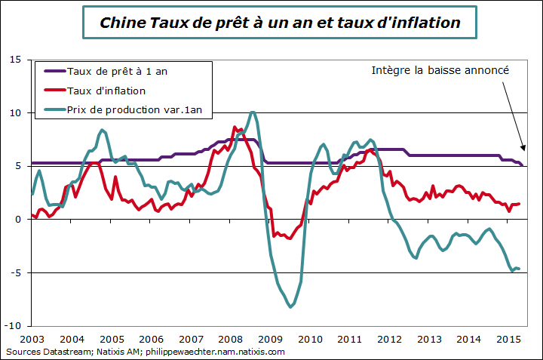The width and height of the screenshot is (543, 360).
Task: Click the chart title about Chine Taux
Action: [x=281, y=23]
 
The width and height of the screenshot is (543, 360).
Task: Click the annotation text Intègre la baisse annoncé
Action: [x=441, y=70]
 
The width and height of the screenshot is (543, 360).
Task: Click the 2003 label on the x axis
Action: [x=32, y=340]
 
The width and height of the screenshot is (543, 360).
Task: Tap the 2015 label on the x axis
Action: [x=508, y=340]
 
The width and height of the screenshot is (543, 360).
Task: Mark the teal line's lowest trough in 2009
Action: [x=291, y=307]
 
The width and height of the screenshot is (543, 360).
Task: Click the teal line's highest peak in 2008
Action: [x=253, y=112]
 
